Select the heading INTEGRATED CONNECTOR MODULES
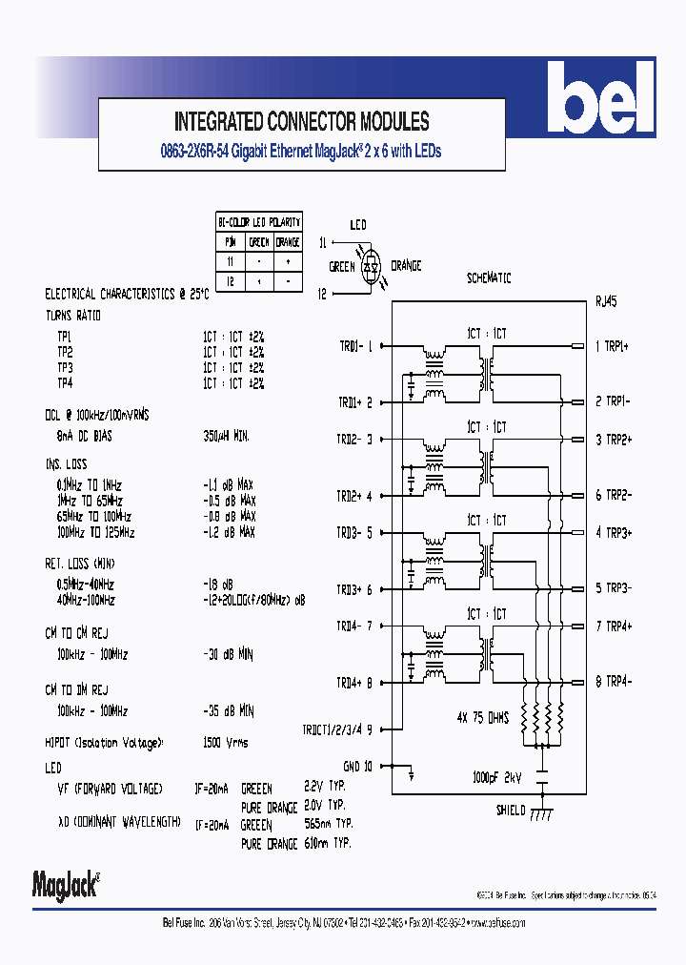coord(301,122)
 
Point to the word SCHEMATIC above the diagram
coord(489,278)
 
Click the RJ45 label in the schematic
coord(605,302)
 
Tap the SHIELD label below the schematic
coord(510,811)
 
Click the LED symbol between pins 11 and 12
coord(373,267)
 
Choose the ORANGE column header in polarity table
coord(288,242)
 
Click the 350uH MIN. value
coord(227,435)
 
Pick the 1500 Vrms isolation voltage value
coord(228,742)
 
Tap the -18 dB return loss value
coord(218,584)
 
